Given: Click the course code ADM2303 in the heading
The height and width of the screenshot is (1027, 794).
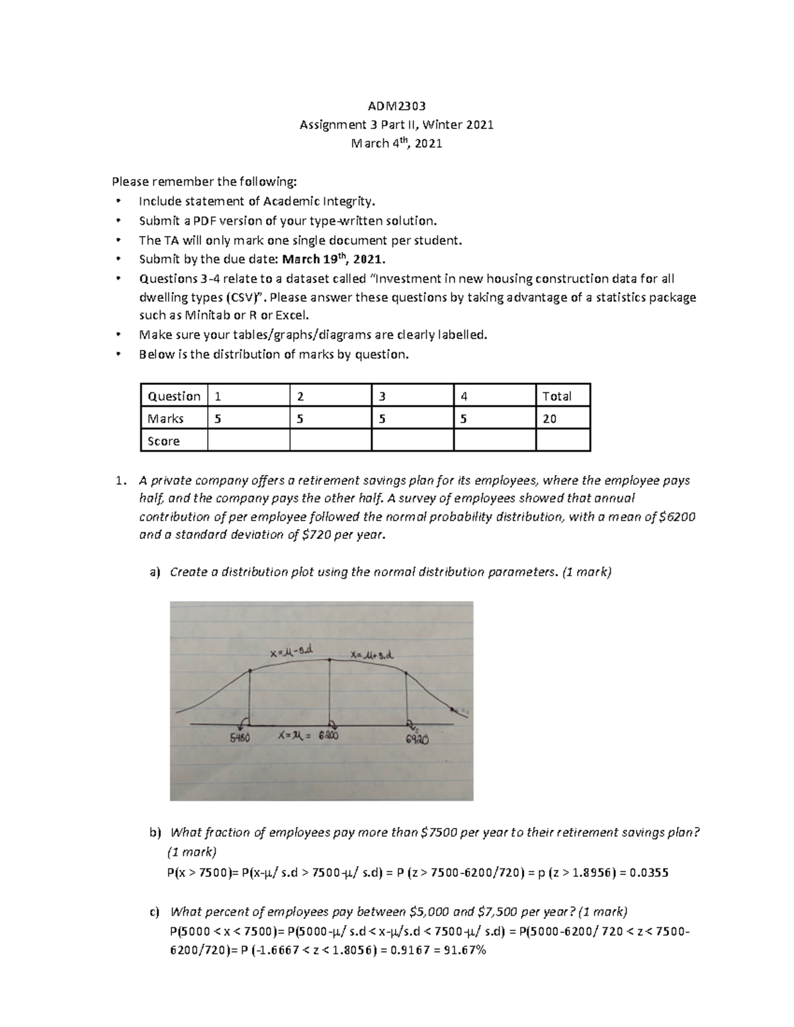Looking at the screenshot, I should click(396, 106).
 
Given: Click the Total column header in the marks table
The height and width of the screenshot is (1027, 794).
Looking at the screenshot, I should click(556, 396).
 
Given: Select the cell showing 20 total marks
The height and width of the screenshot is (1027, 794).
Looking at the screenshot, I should click(549, 419).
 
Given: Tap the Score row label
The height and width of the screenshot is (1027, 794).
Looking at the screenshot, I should click(163, 441).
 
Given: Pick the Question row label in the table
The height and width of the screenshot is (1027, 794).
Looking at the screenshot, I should click(174, 396).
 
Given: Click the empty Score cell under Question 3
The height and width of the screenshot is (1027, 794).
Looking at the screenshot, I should click(412, 440).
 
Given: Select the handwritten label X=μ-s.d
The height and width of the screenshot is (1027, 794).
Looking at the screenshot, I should click(291, 652).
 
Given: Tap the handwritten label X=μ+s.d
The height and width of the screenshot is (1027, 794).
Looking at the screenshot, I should click(372, 655).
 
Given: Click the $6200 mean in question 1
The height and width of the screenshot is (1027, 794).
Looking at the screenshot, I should click(678, 516).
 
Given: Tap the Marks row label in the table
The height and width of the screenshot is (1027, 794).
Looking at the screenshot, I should click(165, 419).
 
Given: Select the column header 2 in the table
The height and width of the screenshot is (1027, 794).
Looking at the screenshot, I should click(300, 396).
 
